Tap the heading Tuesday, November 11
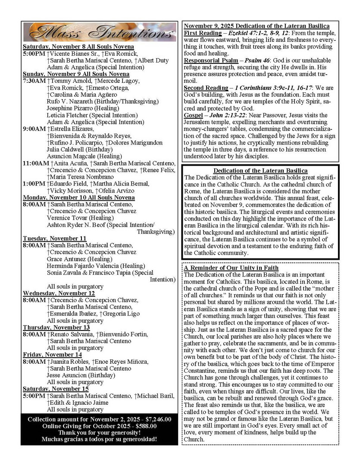(x=54, y=238)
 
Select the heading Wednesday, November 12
(x=59, y=293)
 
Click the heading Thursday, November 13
(x=56, y=327)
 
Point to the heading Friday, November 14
(x=52, y=354)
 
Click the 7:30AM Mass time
(x=34, y=81)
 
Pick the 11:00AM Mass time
(x=36, y=163)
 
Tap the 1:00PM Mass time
(x=34, y=183)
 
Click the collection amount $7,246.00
(x=154, y=419)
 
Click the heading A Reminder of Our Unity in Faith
(x=231, y=268)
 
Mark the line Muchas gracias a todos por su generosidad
(x=99, y=439)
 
